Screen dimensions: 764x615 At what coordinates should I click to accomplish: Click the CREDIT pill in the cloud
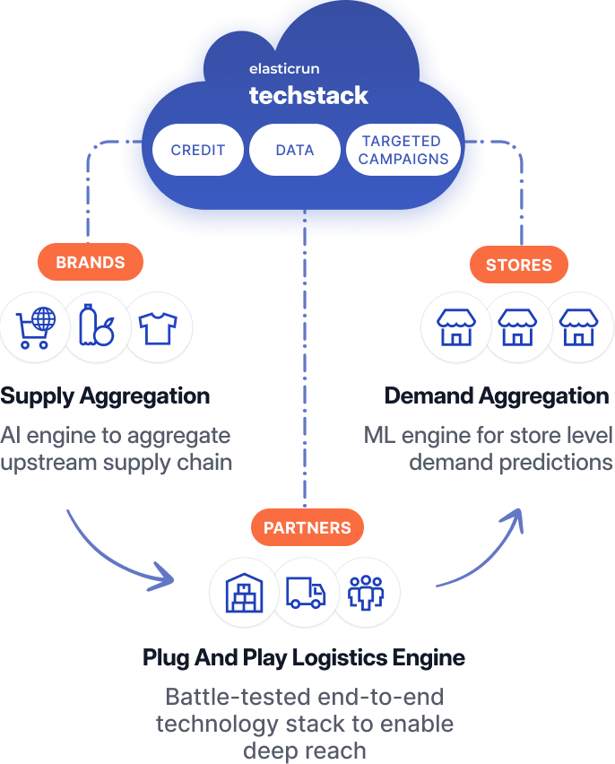[x=198, y=150]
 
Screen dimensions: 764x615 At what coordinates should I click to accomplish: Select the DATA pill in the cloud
[x=295, y=150]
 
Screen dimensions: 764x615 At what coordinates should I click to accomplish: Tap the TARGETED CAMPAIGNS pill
[x=402, y=150]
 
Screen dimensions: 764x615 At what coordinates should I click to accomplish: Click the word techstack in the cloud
[x=308, y=96]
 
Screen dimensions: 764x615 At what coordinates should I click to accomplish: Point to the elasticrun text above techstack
[x=283, y=69]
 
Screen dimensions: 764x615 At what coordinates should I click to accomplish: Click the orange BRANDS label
[x=91, y=263]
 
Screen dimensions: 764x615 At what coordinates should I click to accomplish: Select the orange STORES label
[x=519, y=265]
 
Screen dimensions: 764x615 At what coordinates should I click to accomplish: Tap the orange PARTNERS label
[x=307, y=527]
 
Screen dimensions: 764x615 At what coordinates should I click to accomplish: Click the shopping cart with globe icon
[x=35, y=327]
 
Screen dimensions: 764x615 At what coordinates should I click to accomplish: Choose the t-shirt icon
[x=159, y=327]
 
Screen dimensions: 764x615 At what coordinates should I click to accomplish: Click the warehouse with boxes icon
[x=241, y=593]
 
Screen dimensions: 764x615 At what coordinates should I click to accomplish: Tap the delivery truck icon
[x=305, y=593]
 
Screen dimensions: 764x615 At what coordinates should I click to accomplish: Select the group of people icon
[x=367, y=593]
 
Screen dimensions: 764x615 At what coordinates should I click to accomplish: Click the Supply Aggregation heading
[x=105, y=396]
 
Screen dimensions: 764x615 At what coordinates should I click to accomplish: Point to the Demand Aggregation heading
[x=497, y=396]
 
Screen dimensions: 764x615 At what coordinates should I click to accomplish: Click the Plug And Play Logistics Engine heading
[x=304, y=658]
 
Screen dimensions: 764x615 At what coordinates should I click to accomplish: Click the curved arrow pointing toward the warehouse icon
[x=117, y=556]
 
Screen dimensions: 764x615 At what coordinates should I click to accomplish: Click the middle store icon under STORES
[x=517, y=327]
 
